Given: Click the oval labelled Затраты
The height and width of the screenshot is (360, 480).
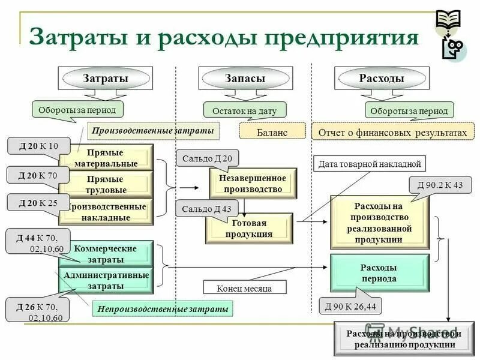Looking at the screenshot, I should pos(105,79).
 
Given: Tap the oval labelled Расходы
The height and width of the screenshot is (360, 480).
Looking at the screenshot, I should pos(382,79).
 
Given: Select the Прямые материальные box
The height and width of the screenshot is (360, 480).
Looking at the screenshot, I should pos(106,158).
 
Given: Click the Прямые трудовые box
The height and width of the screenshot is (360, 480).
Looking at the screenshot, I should pos(106,184).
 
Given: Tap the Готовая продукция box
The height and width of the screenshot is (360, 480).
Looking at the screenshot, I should pos(249,229).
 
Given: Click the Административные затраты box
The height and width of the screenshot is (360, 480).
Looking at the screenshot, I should pos(106,281).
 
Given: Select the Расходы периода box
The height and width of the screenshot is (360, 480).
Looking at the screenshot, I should pos(379,272).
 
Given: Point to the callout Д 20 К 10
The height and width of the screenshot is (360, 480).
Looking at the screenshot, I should pos(38,146).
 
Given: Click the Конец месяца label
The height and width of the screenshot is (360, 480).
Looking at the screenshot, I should pos(244,288).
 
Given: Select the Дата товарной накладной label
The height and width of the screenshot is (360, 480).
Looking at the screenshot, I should pos(369,163).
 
